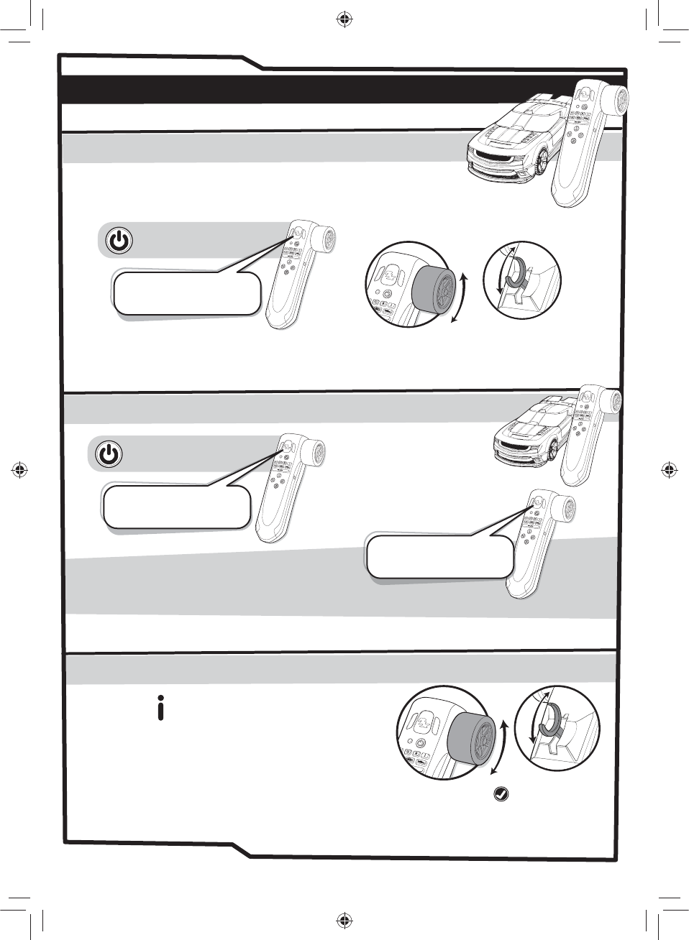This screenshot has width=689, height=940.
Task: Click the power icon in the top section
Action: (119, 240)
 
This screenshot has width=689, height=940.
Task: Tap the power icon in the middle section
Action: (109, 454)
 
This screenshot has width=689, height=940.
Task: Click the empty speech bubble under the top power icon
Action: (186, 293)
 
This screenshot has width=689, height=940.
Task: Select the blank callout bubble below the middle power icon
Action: (176, 507)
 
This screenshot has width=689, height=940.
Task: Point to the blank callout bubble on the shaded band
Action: (439, 556)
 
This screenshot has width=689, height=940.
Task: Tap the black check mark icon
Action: (501, 794)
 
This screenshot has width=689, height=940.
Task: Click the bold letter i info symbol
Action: (160, 708)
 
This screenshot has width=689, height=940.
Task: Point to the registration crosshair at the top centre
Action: (344, 19)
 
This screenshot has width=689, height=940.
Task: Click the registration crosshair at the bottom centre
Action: (344, 920)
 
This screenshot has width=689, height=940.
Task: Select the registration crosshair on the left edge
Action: (19, 470)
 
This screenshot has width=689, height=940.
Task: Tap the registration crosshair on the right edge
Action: (670, 470)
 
